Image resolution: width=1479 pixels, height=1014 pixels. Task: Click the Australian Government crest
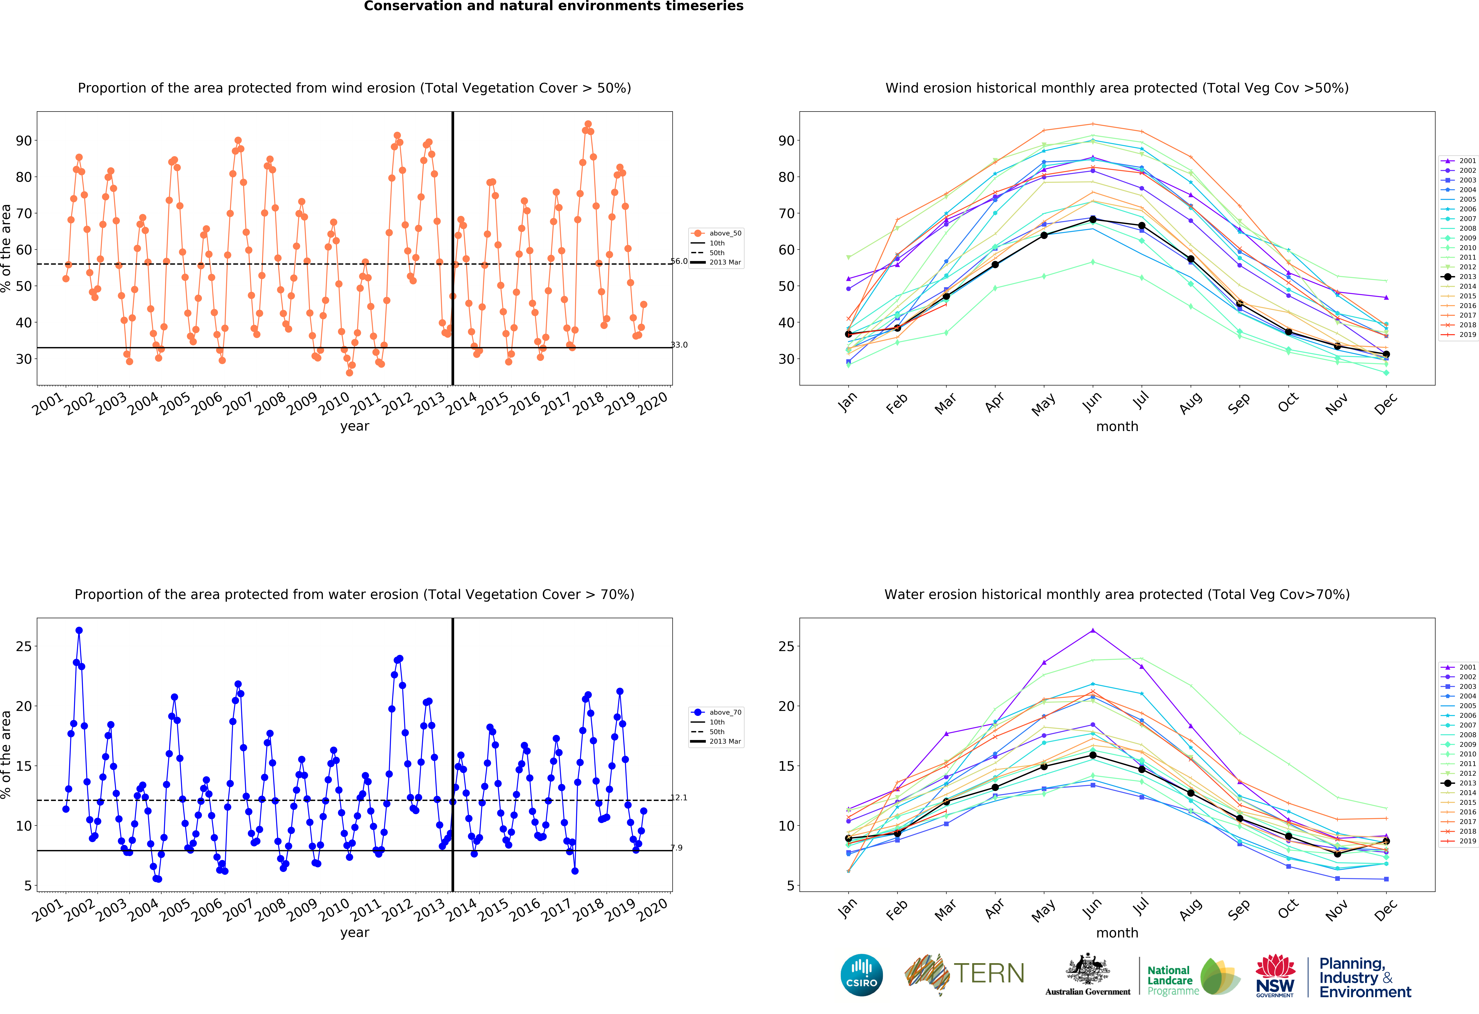(x=1088, y=971)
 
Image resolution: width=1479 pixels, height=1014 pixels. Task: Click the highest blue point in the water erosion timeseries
(x=79, y=630)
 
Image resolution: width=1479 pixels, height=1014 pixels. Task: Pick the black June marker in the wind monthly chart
(x=1093, y=220)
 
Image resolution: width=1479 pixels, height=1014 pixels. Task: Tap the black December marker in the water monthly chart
(x=1386, y=841)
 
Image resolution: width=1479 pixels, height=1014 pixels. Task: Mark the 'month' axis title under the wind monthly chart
(x=1117, y=426)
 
